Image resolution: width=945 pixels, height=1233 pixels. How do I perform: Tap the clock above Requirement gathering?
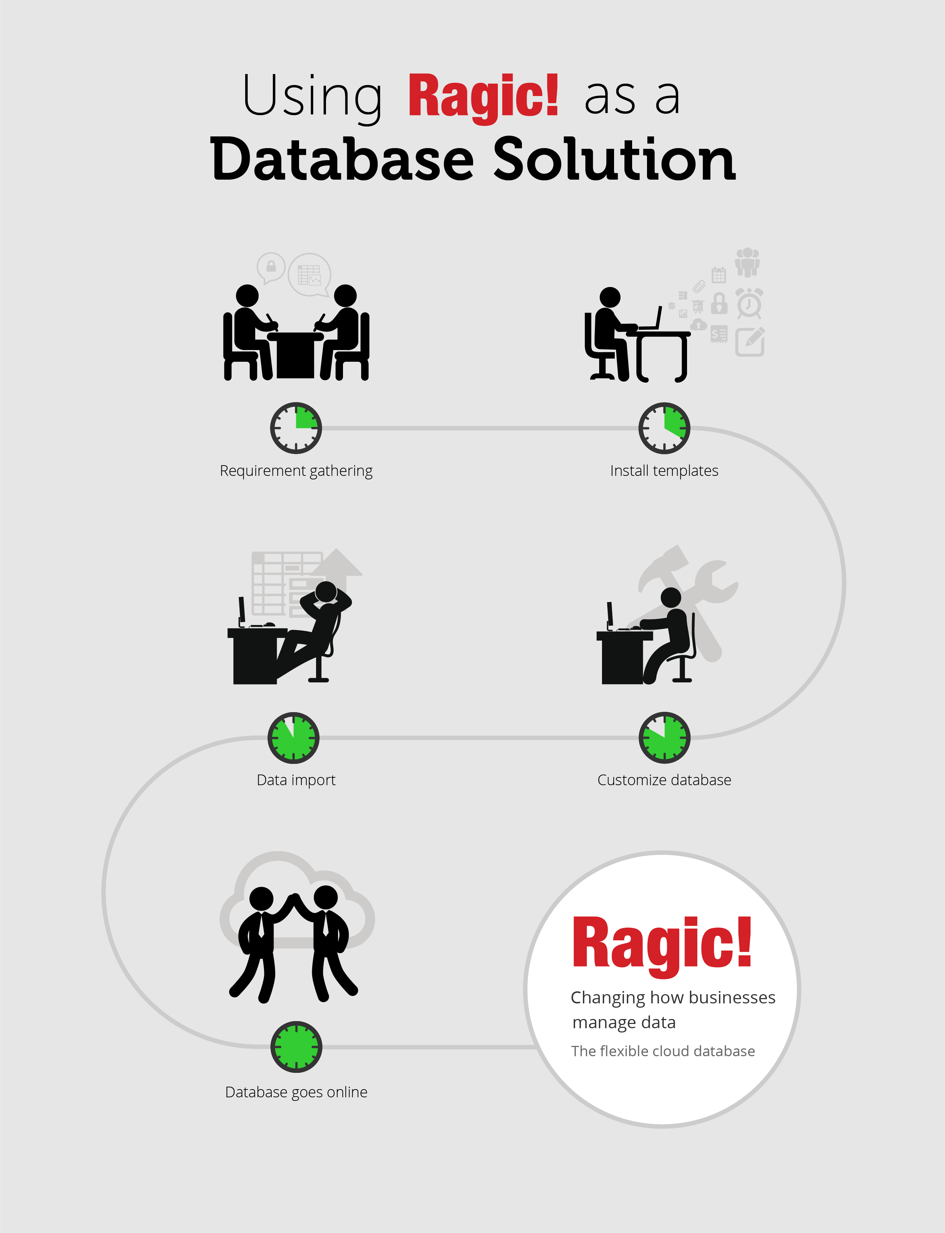tap(296, 428)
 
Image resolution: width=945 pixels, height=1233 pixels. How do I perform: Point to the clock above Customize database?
tap(664, 737)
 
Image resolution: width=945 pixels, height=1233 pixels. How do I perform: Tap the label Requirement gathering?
tap(296, 471)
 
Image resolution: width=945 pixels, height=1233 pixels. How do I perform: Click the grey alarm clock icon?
tap(749, 304)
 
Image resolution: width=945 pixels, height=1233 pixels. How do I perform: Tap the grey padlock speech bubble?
tap(271, 267)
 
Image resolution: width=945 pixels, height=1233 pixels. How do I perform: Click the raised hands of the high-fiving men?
tap(293, 898)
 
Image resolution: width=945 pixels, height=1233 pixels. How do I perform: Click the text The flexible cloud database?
tap(663, 1051)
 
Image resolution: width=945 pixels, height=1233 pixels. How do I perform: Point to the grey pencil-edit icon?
tap(750, 342)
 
